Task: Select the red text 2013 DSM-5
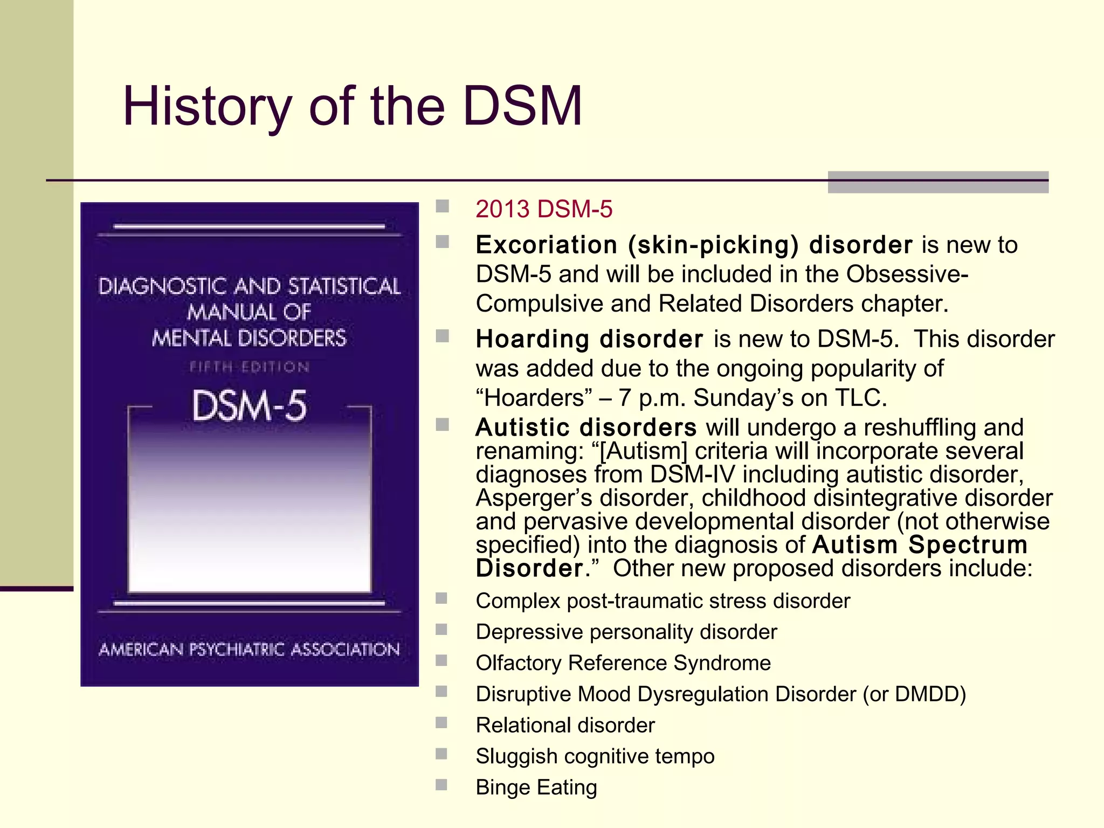pyautogui.click(x=543, y=209)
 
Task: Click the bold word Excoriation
pyautogui.click(x=546, y=245)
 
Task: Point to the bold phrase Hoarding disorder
pyautogui.click(x=589, y=340)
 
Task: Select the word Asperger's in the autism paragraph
pyautogui.click(x=533, y=498)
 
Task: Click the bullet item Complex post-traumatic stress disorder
pyautogui.click(x=663, y=601)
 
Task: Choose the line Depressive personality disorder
pyautogui.click(x=626, y=632)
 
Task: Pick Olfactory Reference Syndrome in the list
pyautogui.click(x=623, y=663)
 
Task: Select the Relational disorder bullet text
pyautogui.click(x=565, y=726)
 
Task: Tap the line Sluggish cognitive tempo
pyautogui.click(x=595, y=756)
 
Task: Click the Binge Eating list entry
pyautogui.click(x=536, y=788)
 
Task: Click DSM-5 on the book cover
pyautogui.click(x=250, y=406)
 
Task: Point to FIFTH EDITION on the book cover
pyautogui.click(x=250, y=368)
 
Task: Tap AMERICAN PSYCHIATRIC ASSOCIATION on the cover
pyautogui.click(x=250, y=650)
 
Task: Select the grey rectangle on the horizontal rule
pyautogui.click(x=937, y=182)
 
